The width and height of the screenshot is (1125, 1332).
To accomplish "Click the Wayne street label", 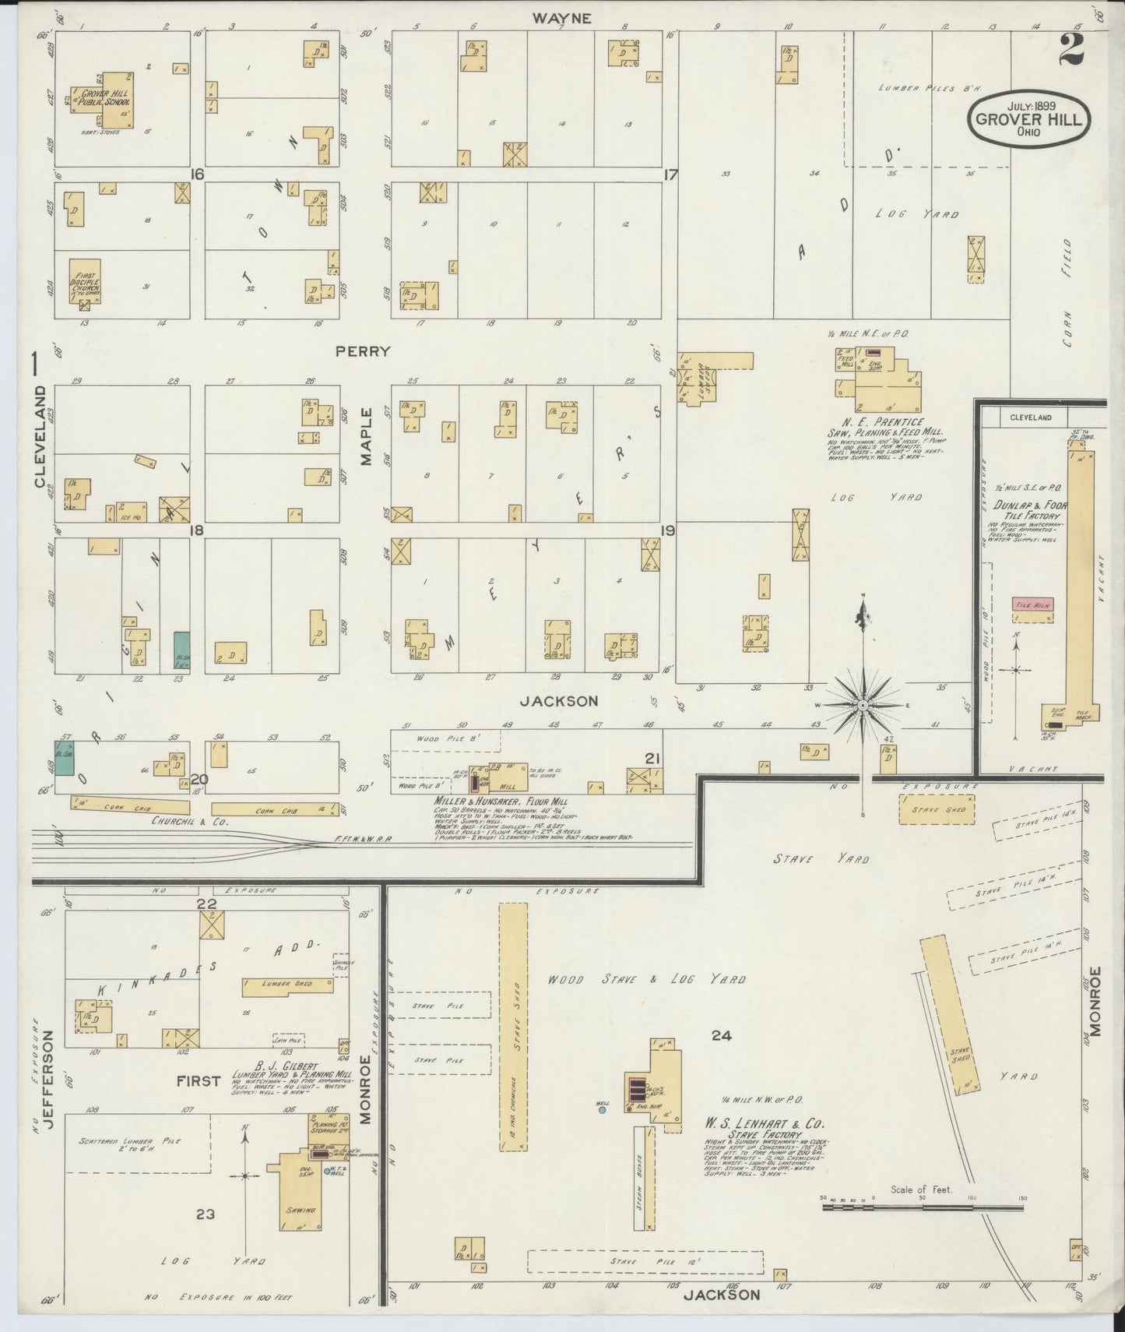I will (x=573, y=18).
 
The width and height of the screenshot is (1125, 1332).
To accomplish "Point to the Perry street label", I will (x=363, y=351).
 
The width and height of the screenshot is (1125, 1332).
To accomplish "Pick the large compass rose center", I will (x=863, y=705).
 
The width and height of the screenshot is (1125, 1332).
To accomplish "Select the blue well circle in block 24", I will (x=602, y=1111).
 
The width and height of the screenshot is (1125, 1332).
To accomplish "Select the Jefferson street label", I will (x=49, y=1078).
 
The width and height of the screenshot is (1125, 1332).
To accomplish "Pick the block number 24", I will (x=721, y=1035).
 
